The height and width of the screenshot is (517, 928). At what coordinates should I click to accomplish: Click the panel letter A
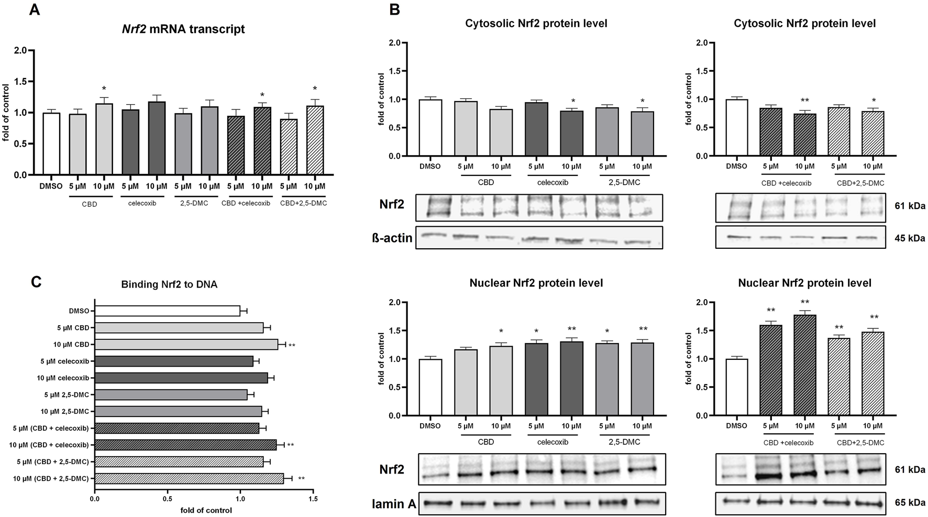pyautogui.click(x=34, y=10)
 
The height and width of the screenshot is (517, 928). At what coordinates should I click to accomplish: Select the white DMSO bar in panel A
pyautogui.click(x=51, y=144)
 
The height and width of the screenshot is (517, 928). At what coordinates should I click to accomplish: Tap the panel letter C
pyautogui.click(x=36, y=282)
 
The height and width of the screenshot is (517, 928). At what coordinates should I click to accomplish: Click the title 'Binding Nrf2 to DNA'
pyautogui.click(x=169, y=284)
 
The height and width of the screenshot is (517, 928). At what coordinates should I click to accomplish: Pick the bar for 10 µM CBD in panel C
pyautogui.click(x=186, y=345)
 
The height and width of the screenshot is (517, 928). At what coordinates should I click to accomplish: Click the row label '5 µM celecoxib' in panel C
pyautogui.click(x=64, y=361)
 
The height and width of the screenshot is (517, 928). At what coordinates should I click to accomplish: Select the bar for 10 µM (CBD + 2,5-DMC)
pyautogui.click(x=189, y=478)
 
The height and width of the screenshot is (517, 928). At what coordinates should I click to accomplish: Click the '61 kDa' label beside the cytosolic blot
pyautogui.click(x=910, y=206)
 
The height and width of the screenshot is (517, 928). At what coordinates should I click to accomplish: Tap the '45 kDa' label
pyautogui.click(x=910, y=238)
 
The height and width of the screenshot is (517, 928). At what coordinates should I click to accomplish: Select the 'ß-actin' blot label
pyautogui.click(x=392, y=239)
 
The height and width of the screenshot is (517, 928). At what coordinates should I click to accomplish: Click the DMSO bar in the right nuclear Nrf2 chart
pyautogui.click(x=736, y=387)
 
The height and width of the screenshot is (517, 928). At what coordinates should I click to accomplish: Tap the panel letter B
pyautogui.click(x=395, y=10)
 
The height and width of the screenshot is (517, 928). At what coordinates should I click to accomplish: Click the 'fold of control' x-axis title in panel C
pyautogui.click(x=206, y=510)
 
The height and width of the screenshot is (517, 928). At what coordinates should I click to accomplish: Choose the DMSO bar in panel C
pyautogui.click(x=167, y=311)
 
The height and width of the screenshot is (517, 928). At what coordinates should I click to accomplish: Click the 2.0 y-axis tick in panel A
pyautogui.click(x=20, y=50)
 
